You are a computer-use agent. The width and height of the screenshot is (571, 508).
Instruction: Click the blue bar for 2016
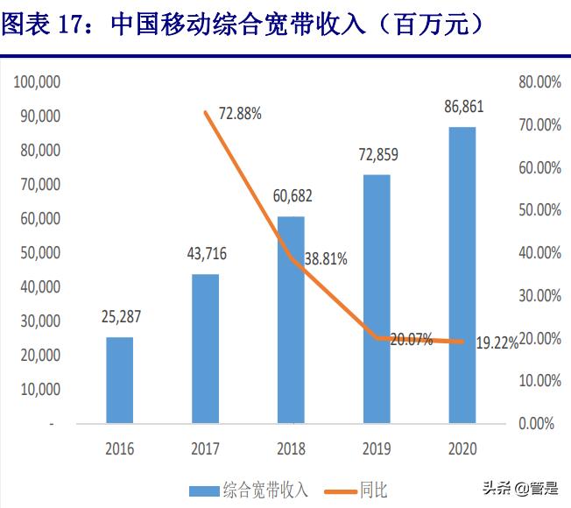click(x=120, y=380)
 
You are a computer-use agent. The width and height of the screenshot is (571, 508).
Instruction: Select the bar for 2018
click(x=291, y=320)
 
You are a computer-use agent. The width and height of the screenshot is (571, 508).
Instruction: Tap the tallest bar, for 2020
click(x=462, y=275)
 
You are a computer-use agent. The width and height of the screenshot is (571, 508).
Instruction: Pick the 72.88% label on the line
click(x=240, y=115)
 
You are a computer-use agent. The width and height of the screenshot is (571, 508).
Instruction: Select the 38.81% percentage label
click(x=326, y=258)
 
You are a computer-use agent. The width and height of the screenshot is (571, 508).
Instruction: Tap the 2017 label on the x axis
click(x=206, y=448)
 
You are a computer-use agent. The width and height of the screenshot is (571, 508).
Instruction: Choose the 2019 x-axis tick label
click(x=377, y=448)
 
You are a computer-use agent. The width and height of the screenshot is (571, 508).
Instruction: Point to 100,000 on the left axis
click(x=36, y=81)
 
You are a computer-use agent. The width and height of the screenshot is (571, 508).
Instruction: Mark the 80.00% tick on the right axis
click(x=539, y=81)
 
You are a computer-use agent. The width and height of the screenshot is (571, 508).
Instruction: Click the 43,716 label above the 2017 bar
click(x=206, y=257)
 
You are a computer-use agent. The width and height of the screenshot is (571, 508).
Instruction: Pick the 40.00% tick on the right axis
click(x=539, y=252)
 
